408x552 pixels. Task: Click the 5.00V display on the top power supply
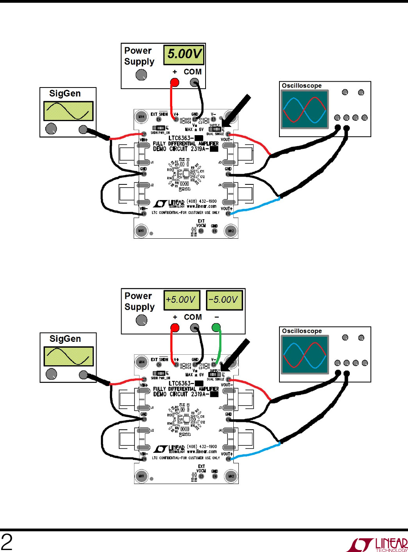tap(184, 54)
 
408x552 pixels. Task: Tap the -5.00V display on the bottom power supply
tap(224, 300)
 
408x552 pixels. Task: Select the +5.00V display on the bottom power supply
tap(182, 300)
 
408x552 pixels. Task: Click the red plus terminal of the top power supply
tap(175, 82)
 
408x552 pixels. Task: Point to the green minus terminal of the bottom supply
tap(216, 327)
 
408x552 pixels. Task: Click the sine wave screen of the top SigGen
tap(68, 111)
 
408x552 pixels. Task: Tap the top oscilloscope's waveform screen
tap(304, 110)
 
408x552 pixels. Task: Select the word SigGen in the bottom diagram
tap(65, 339)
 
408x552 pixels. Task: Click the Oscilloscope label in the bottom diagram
tap(302, 331)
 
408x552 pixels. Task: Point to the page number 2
tap(7, 542)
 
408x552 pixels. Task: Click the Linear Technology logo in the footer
tap(377, 545)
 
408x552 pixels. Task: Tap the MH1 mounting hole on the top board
tap(141, 231)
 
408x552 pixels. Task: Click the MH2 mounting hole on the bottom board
tap(231, 476)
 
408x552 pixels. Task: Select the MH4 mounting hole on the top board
tap(141, 116)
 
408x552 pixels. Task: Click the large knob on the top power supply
tap(141, 75)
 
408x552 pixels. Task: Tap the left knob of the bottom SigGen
tap(51, 374)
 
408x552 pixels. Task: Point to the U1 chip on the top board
tap(186, 174)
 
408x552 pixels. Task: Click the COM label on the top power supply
tap(193, 72)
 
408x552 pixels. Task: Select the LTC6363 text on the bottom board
tap(181, 383)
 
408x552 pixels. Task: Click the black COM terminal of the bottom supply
tap(195, 328)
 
